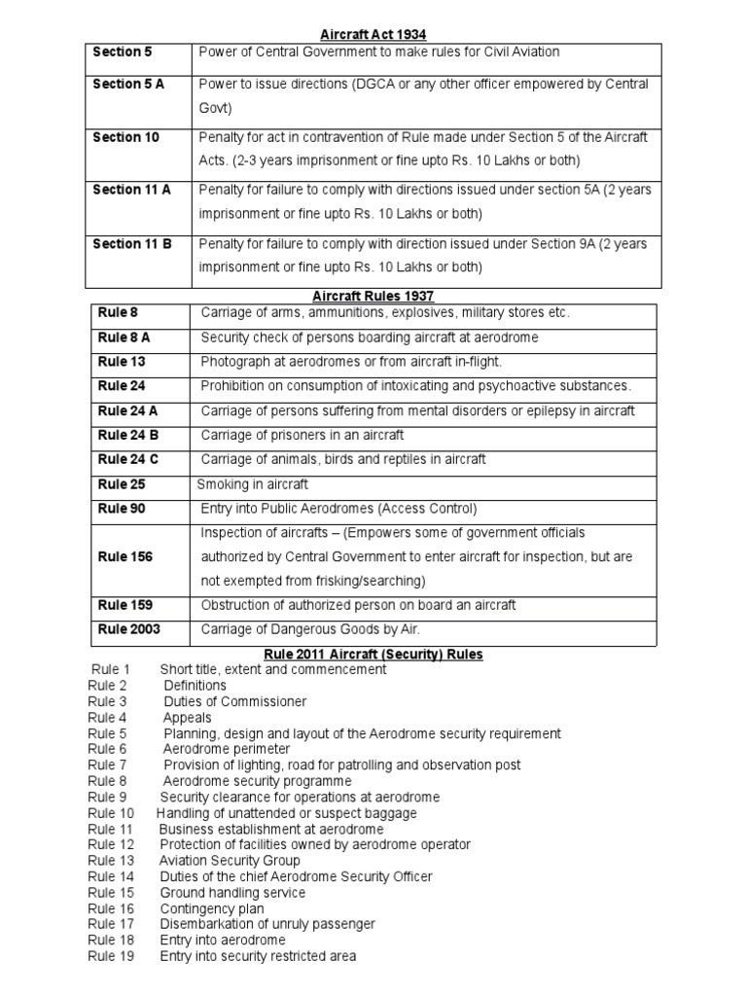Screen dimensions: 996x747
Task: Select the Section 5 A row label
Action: pos(128,85)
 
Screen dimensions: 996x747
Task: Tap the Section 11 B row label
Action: pos(132,244)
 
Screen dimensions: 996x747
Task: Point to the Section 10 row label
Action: pos(125,137)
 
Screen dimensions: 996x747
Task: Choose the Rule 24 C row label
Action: pos(128,459)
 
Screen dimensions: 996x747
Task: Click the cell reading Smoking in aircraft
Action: pos(252,483)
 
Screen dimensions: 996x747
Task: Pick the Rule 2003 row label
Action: pos(129,629)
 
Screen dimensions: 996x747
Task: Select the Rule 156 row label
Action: pos(125,556)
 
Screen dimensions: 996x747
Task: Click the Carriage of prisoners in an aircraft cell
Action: pos(302,435)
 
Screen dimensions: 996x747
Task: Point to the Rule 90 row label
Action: pos(122,508)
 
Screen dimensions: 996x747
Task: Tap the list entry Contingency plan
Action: pos(212,908)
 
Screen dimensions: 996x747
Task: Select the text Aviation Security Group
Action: pos(230,861)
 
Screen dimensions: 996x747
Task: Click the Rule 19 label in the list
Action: pos(111,956)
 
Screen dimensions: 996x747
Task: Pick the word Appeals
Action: pos(187,718)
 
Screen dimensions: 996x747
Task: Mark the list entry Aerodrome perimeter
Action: pos(226,750)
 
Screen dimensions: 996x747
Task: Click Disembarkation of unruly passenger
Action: pos(267,924)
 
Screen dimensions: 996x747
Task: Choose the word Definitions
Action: pos(195,686)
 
